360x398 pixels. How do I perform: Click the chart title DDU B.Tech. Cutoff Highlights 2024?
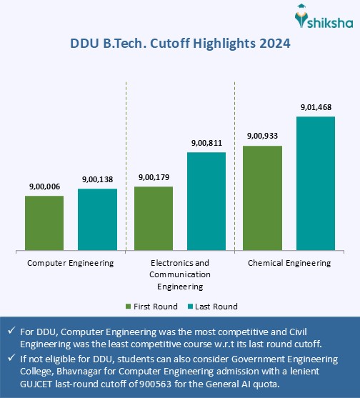point(180,44)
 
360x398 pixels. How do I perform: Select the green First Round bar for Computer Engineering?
point(44,222)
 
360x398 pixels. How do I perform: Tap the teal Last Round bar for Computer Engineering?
point(97,219)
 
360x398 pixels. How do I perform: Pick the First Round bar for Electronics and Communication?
point(154,218)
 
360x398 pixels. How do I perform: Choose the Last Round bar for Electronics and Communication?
point(206,201)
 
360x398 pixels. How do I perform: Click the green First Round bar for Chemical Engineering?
point(263,198)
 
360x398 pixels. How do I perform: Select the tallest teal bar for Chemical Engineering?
point(316,183)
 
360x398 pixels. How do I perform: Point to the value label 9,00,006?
point(44,186)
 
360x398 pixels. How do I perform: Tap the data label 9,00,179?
point(154,177)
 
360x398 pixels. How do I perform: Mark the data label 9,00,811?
point(206,144)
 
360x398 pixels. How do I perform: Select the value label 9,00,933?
point(263,136)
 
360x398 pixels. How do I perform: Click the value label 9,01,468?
point(316,107)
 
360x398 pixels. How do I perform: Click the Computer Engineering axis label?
point(71,263)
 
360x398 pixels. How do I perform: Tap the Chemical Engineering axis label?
point(289,263)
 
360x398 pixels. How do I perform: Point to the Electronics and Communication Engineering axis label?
point(180,274)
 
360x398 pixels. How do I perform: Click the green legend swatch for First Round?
point(129,307)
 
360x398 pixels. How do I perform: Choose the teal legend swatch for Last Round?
point(188,307)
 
